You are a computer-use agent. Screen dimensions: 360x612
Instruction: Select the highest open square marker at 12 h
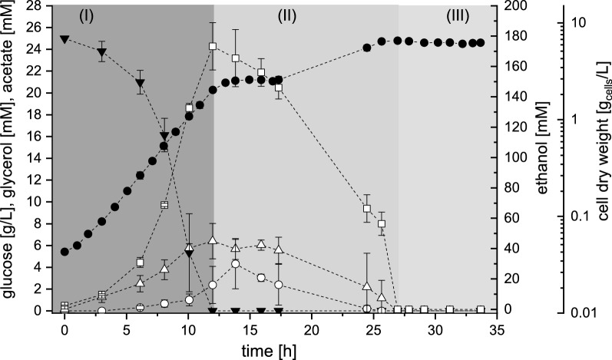coord(213,46)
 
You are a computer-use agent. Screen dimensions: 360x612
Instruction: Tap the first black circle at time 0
coord(65,252)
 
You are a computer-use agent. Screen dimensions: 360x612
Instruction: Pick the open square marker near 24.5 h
coord(367,208)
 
